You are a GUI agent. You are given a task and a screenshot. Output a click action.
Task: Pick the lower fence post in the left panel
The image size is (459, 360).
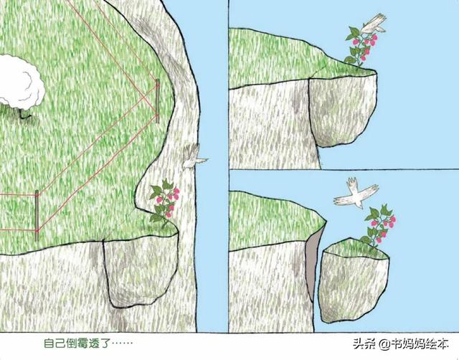(x=37, y=214)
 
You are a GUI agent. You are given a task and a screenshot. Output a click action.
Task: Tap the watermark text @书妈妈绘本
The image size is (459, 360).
(x=416, y=344)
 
